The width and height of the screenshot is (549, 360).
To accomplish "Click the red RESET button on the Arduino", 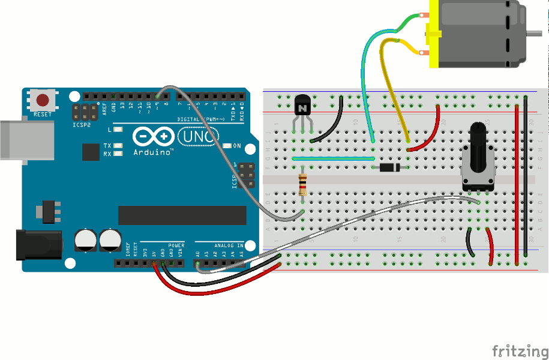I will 43,100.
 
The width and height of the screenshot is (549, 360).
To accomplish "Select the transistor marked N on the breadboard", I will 302,106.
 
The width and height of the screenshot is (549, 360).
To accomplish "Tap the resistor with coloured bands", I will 303,185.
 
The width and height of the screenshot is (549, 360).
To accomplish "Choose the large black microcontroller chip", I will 182,215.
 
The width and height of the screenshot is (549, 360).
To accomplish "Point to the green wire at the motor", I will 408,23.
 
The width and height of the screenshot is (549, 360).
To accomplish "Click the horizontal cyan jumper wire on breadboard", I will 333,158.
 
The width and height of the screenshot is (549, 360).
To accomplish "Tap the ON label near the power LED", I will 236,146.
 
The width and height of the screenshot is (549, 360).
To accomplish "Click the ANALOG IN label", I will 229,245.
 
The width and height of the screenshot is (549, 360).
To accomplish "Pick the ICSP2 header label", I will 79,126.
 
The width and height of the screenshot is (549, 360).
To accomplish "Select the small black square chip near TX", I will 91,152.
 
